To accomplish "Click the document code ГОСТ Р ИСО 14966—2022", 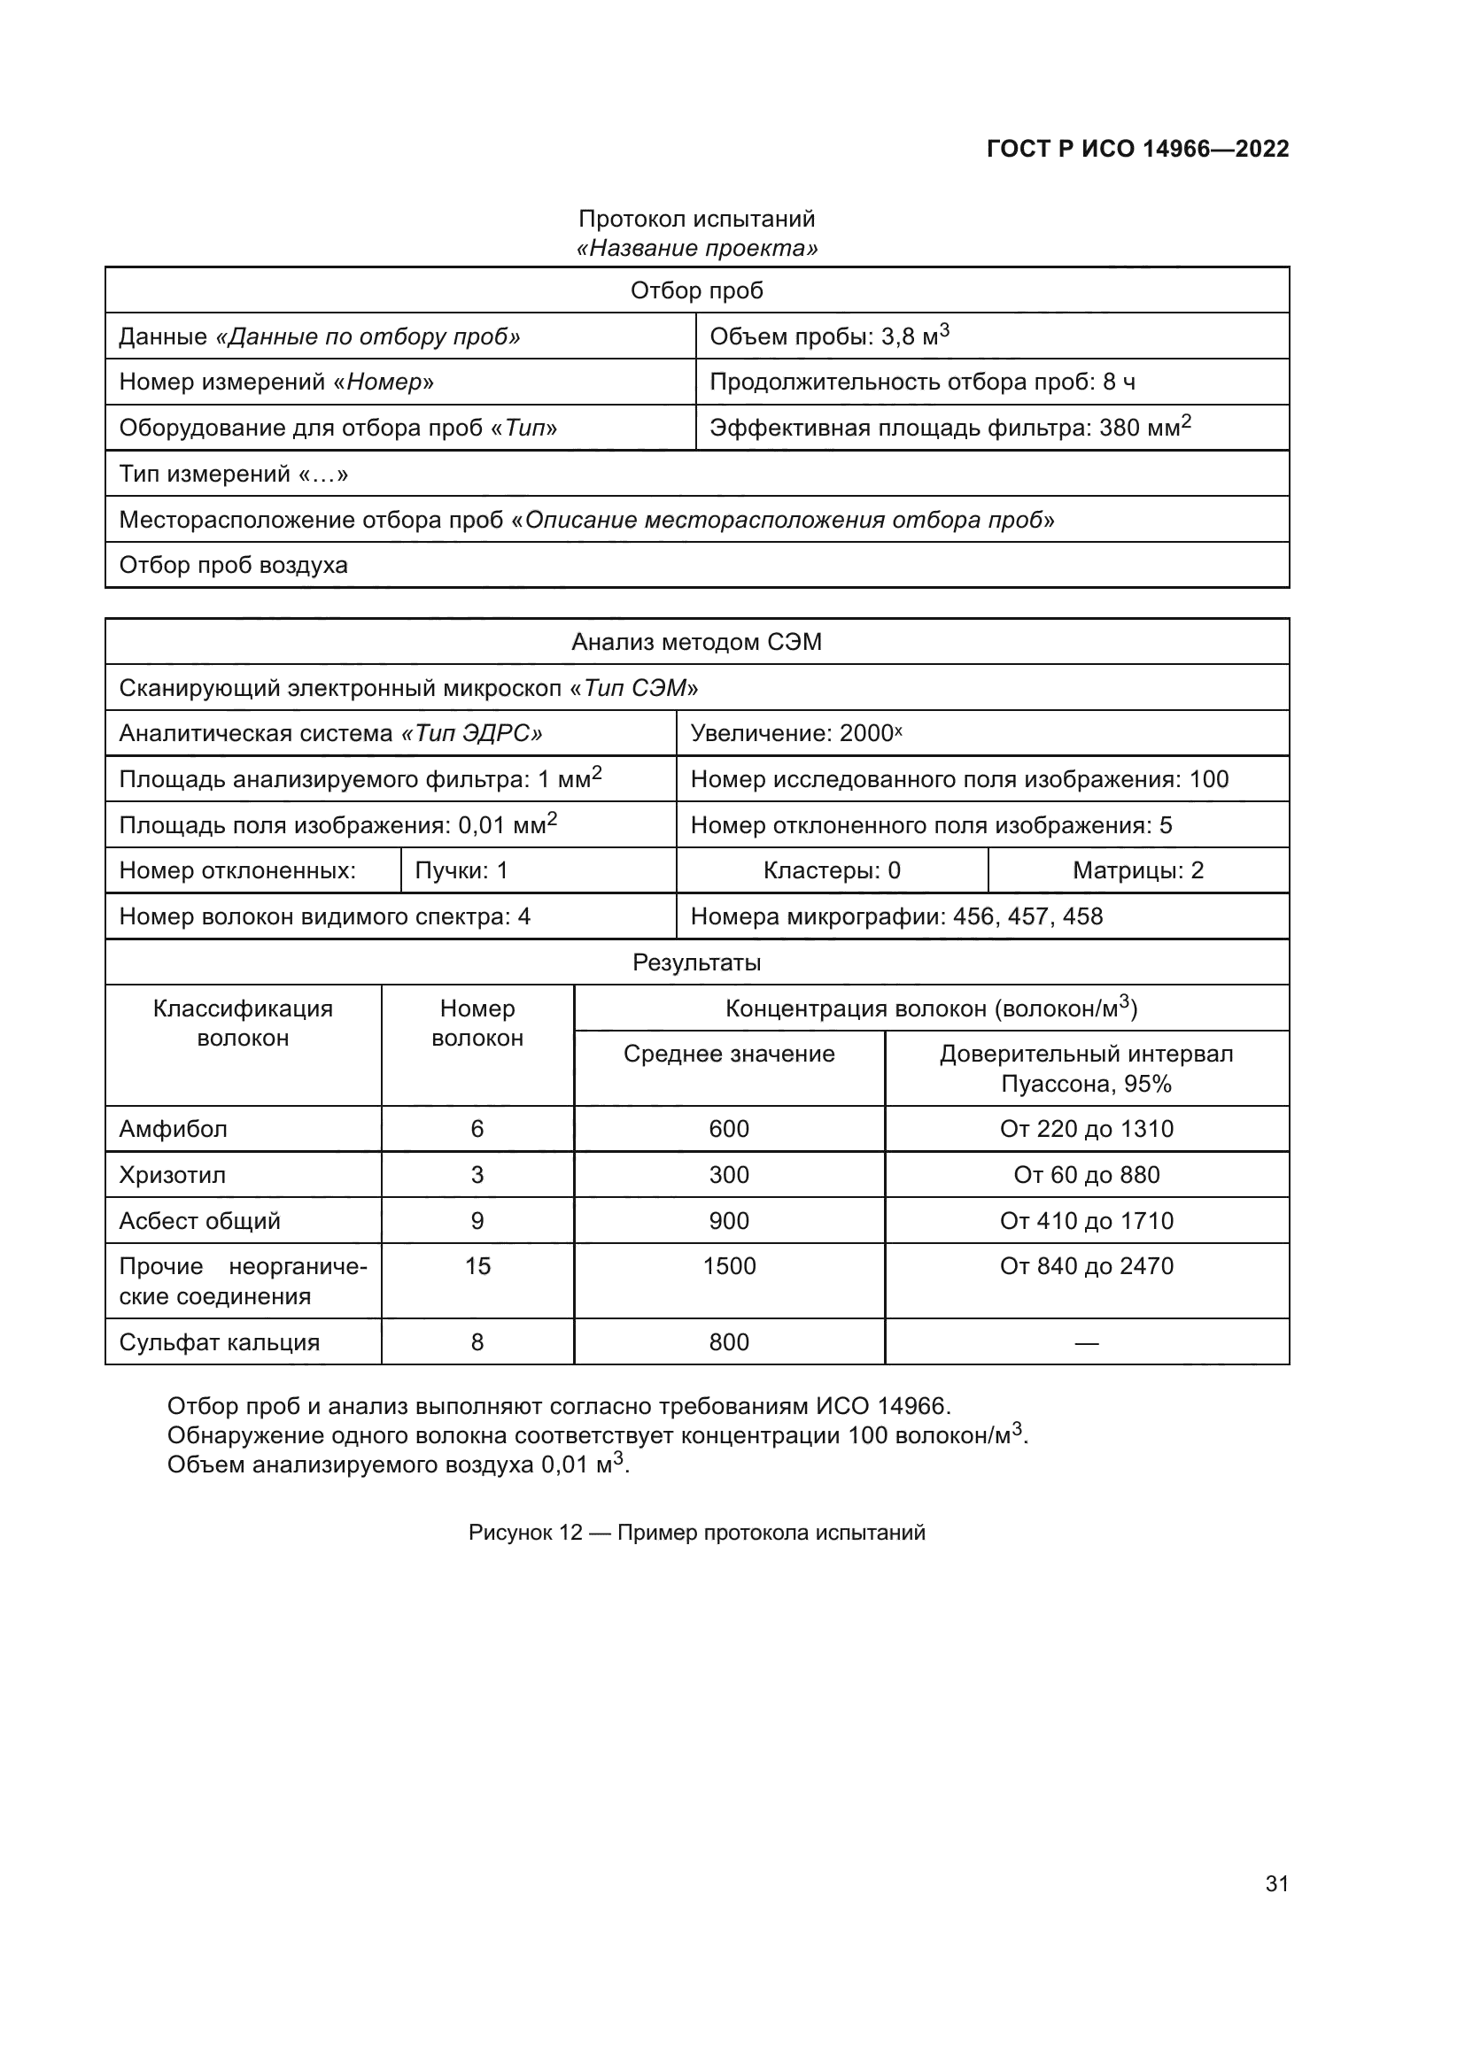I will coord(1136,149).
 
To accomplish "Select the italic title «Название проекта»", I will coord(696,248).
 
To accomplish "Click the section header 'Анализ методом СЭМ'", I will coord(696,642).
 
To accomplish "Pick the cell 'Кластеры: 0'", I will coord(831,870).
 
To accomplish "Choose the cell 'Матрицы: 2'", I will coord(1137,870).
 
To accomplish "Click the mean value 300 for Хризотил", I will coord(729,1174).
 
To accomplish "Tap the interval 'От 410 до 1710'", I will coord(1086,1220).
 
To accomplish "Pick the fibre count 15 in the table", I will coord(477,1265).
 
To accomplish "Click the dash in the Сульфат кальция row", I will coord(1086,1343).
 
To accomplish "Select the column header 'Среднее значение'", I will coord(729,1054).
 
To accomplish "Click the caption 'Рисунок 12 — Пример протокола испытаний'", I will coord(696,1533).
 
